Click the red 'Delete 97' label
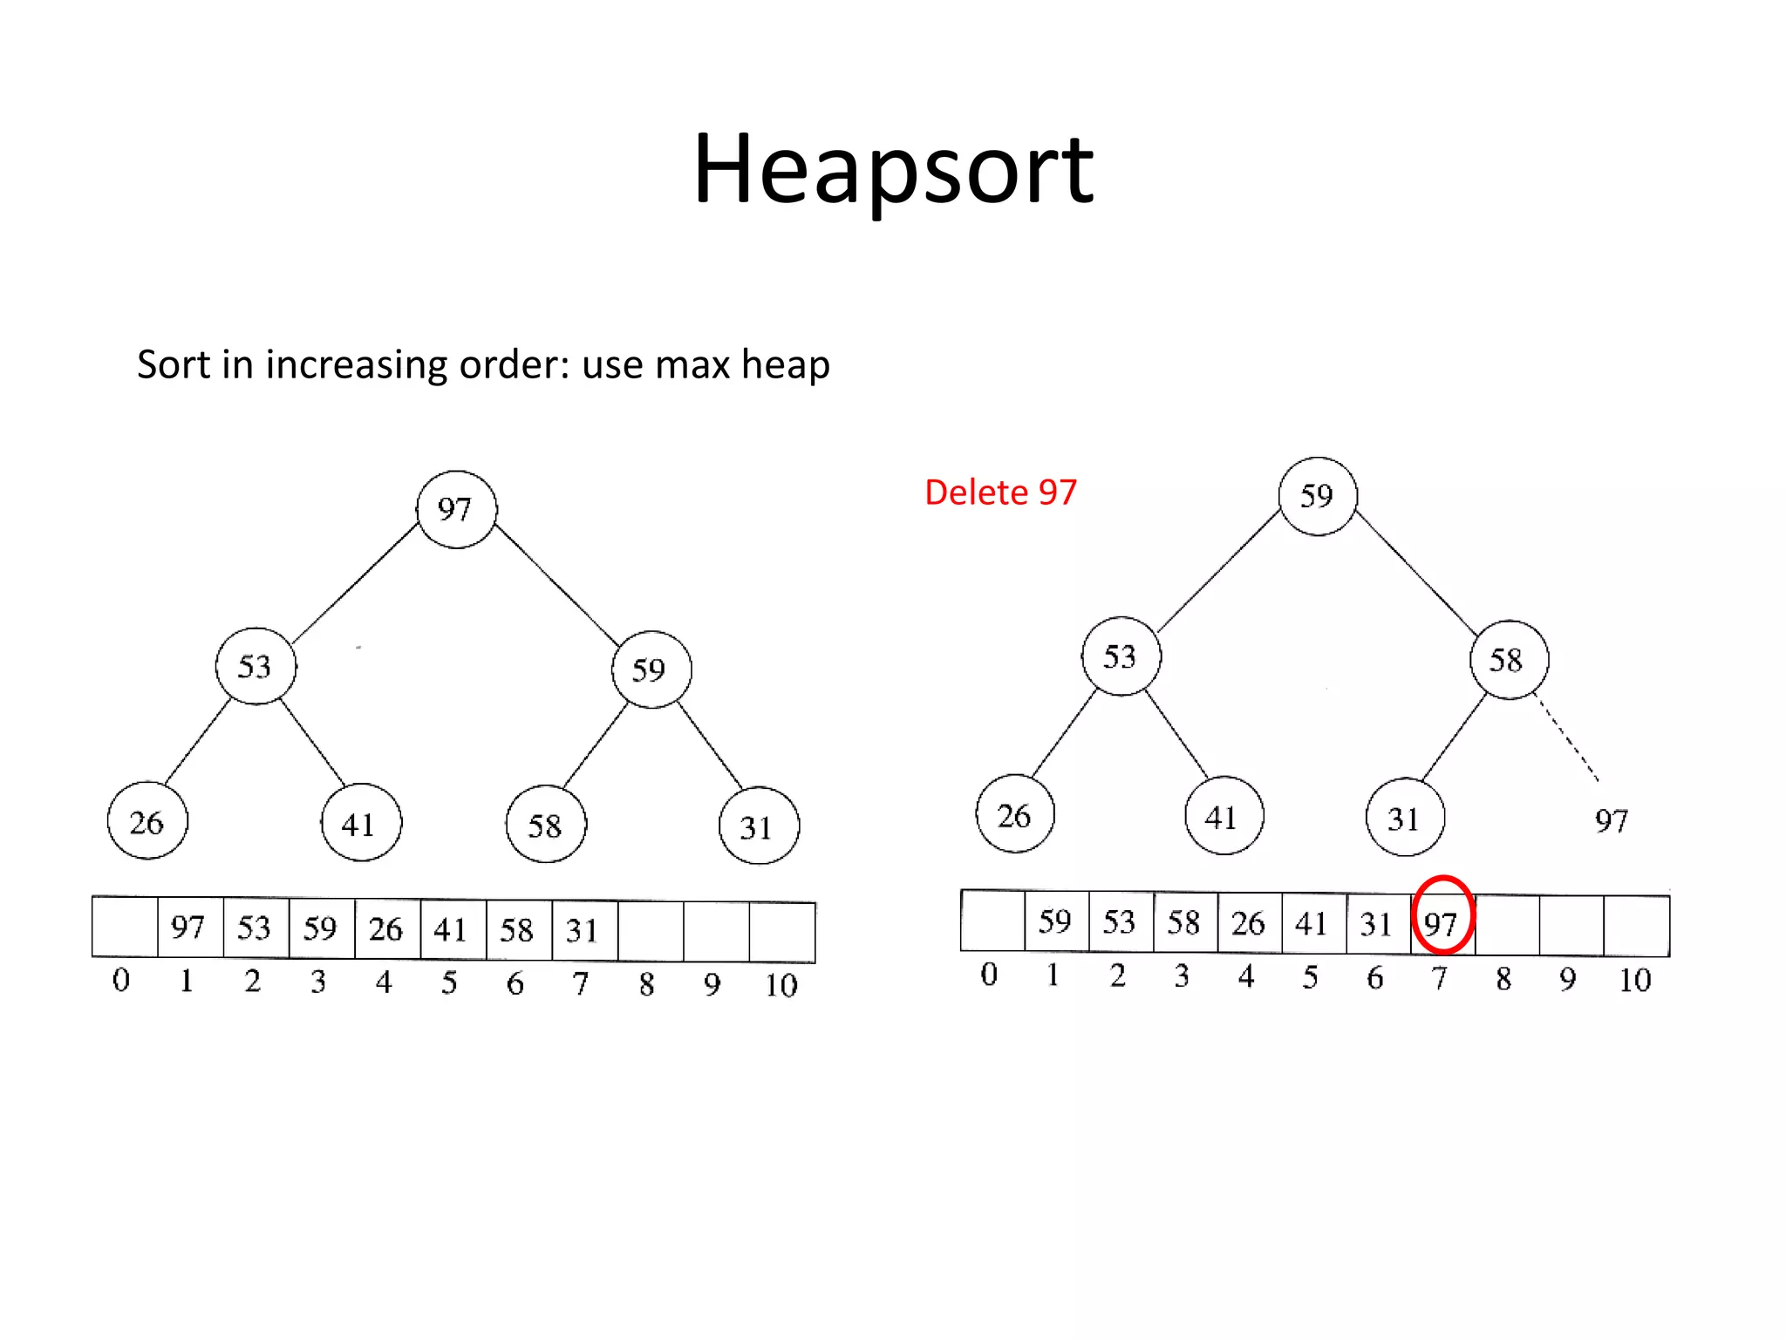click(1000, 493)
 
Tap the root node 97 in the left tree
click(456, 509)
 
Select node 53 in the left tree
click(256, 666)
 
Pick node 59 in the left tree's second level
click(651, 669)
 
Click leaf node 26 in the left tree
click(147, 821)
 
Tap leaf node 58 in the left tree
click(546, 825)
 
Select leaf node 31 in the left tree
click(758, 826)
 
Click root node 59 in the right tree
click(1317, 496)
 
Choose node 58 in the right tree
click(1508, 660)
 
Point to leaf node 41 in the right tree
click(1223, 816)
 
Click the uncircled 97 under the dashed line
click(1611, 820)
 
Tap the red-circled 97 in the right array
click(1442, 923)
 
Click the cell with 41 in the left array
click(452, 929)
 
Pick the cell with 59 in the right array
click(1055, 921)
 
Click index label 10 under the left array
click(781, 986)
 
